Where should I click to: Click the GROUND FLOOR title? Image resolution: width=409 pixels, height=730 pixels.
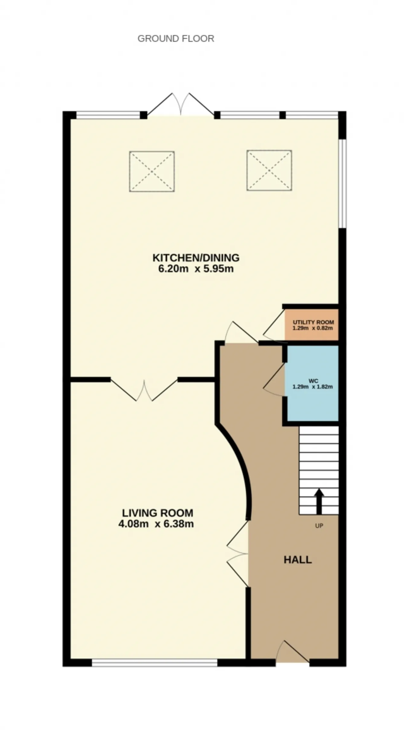click(176, 39)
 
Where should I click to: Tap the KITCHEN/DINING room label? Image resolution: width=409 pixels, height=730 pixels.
click(196, 257)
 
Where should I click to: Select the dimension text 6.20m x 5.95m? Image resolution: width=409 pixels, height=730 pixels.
click(196, 269)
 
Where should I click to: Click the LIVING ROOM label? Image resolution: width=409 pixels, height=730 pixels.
click(158, 513)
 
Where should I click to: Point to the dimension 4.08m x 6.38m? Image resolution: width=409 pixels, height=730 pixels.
click(156, 524)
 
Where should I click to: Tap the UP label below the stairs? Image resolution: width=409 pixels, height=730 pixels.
click(319, 526)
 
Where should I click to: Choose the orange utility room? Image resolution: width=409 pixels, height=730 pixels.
click(312, 325)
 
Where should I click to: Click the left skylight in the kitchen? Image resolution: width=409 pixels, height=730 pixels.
click(152, 172)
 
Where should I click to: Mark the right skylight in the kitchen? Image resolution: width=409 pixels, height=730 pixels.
click(269, 171)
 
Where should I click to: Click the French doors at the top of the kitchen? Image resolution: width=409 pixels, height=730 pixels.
click(181, 104)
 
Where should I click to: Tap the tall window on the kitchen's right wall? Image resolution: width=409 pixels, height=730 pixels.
click(342, 183)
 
